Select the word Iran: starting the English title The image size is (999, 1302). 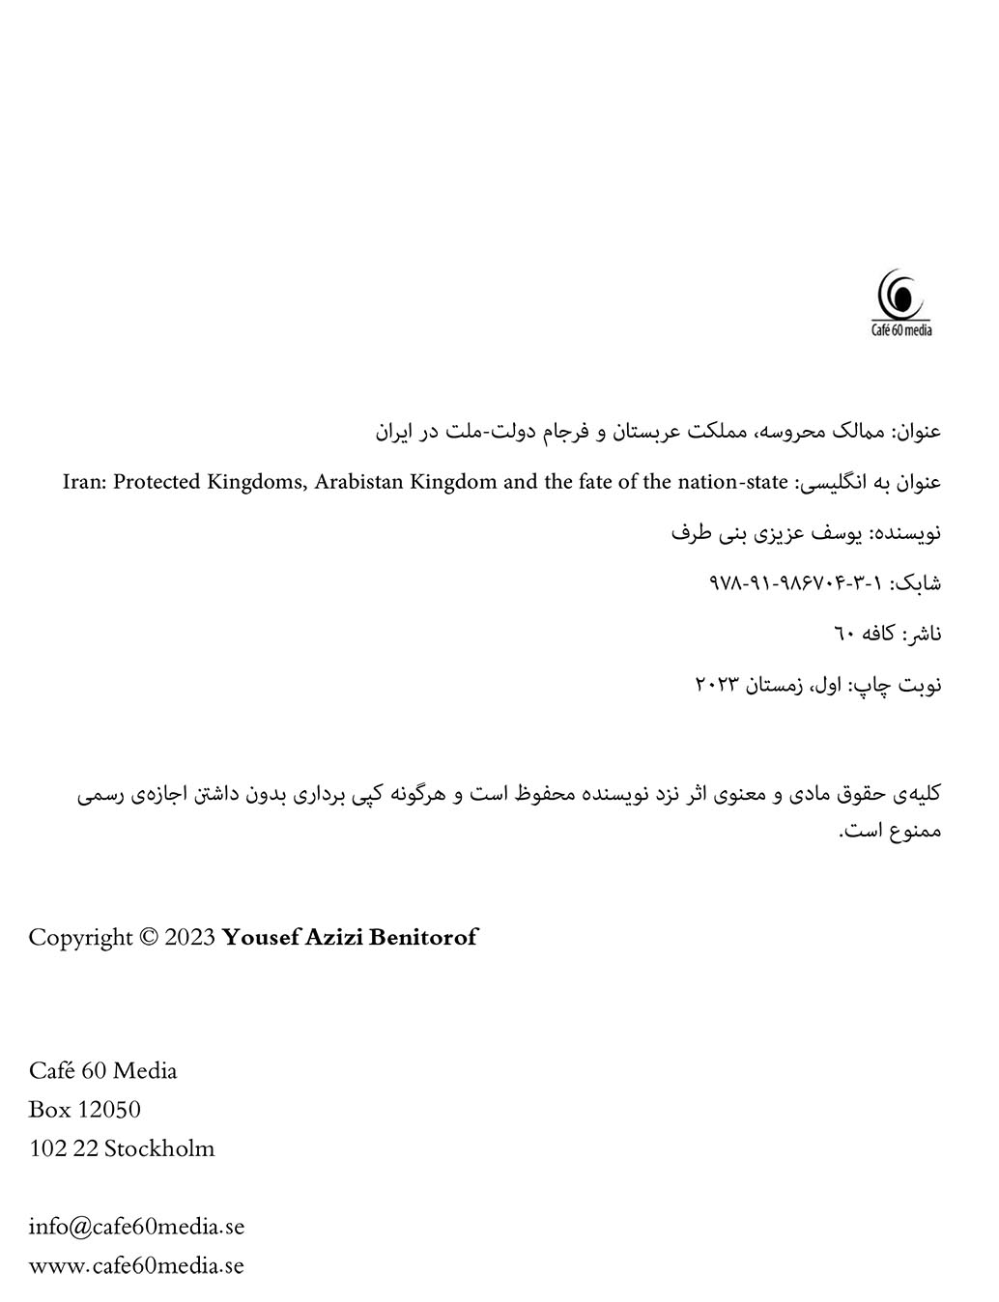84,481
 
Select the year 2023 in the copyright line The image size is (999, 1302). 190,937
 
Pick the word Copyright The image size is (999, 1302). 80,937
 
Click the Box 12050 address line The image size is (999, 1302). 85,1110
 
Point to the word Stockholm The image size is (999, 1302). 159,1148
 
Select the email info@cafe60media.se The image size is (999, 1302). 136,1227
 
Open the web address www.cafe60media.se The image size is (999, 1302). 136,1265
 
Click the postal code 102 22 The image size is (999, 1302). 63,1148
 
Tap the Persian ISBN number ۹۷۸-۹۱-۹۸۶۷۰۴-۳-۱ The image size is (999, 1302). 797,583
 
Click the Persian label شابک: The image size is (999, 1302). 916,583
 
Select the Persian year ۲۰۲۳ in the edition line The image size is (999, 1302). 717,685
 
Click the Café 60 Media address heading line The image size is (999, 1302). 103,1070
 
